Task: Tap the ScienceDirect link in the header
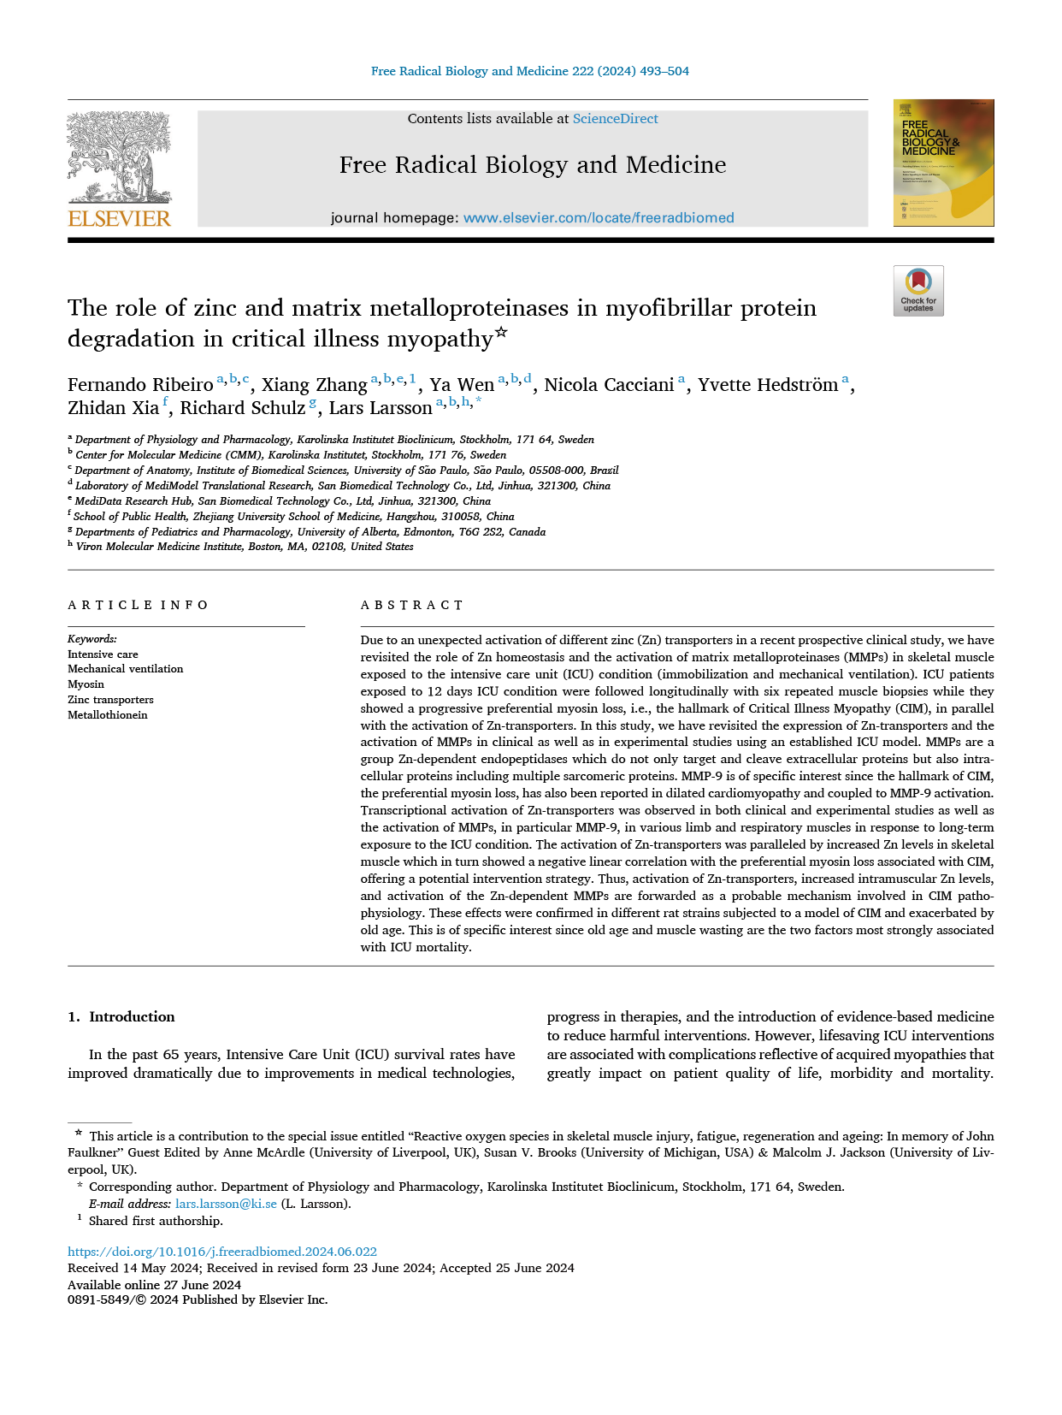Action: (x=615, y=119)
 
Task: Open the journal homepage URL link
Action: (x=599, y=218)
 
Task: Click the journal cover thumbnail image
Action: (x=943, y=163)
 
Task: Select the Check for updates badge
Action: (x=918, y=291)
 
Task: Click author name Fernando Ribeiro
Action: (x=140, y=385)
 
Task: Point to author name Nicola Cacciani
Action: (x=609, y=385)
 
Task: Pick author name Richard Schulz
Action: (x=242, y=408)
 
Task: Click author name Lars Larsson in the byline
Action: (x=381, y=408)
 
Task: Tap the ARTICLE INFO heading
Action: (x=138, y=605)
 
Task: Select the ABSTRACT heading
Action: (x=412, y=605)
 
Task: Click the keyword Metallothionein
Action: (x=108, y=715)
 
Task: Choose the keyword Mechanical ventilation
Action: (x=125, y=669)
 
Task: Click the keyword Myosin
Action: (x=86, y=684)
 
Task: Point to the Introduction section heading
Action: (x=131, y=1016)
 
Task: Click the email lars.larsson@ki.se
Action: (x=226, y=1204)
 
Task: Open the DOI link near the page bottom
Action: (x=222, y=1252)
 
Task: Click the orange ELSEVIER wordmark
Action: (x=119, y=218)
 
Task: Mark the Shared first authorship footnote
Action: (x=156, y=1221)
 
